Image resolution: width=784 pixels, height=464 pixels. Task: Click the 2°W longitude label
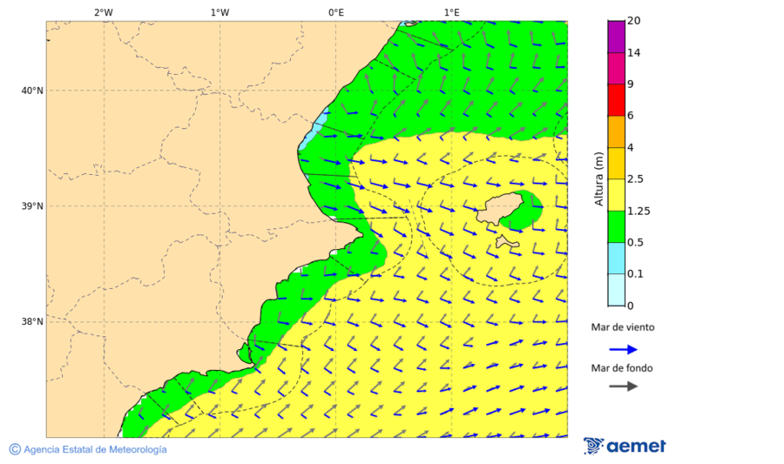tap(103, 12)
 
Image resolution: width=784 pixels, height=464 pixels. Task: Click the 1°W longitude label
tap(220, 12)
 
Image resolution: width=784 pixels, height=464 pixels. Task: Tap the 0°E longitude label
tap(335, 12)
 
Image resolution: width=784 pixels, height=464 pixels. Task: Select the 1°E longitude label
tap(451, 12)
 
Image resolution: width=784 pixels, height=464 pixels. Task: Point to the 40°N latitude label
tap(32, 91)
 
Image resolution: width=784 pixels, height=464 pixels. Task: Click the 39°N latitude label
tap(32, 206)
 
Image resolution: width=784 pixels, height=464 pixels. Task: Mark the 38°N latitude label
tap(32, 322)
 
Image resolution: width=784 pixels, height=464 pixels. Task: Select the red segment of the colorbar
tap(616, 100)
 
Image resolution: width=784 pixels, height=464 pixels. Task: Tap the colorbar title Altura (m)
tap(598, 179)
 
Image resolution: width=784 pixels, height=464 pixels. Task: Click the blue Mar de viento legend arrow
tap(623, 349)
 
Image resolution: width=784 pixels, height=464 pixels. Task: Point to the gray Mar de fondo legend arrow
tap(623, 387)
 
